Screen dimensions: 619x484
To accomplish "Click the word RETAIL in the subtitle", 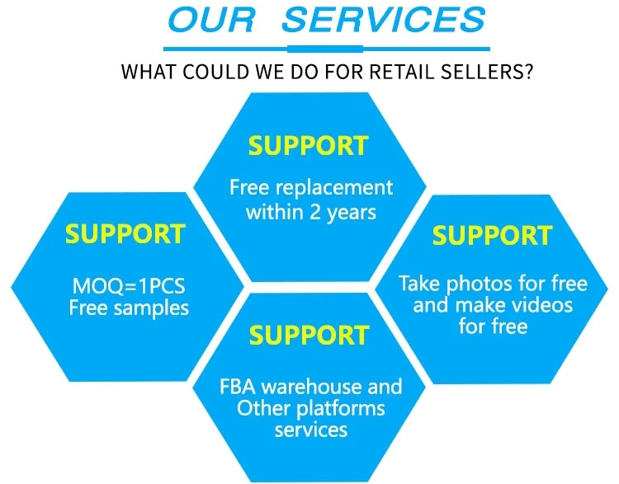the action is pos(406,72).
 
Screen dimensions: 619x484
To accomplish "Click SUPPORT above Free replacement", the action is pos(309,146).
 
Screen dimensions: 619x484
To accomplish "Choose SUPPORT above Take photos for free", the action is pos(492,235).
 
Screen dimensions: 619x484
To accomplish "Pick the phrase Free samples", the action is pos(128,308).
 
